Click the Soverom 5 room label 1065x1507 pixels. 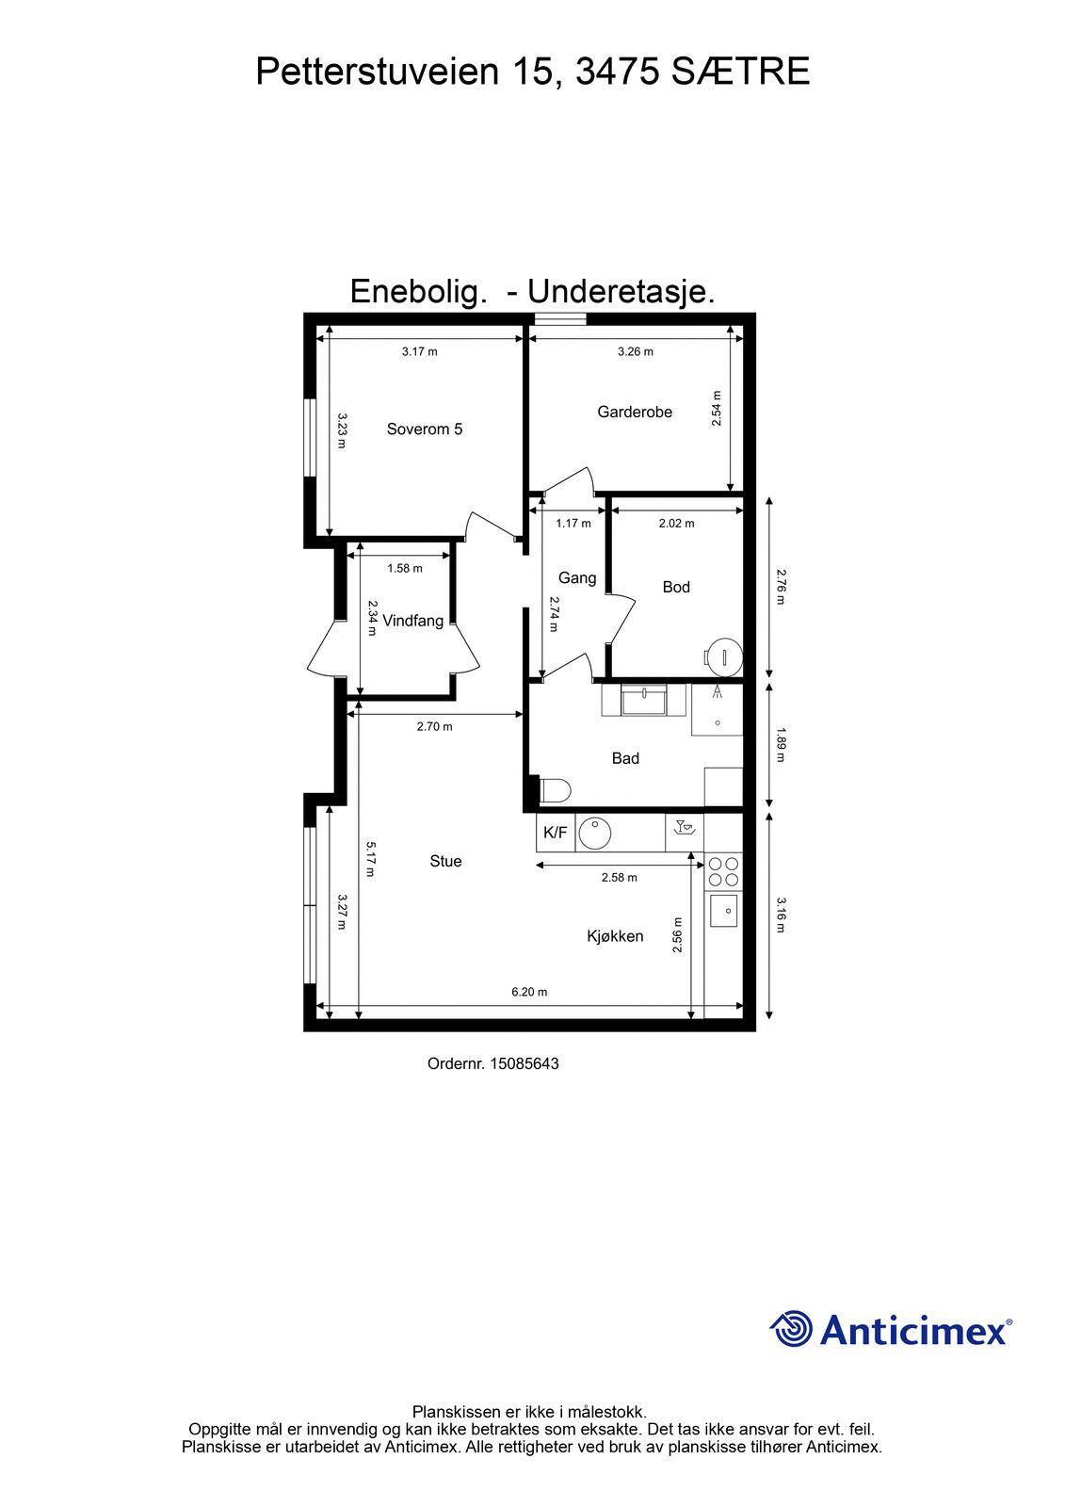(425, 429)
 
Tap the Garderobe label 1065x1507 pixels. (635, 412)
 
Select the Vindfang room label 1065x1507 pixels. (413, 621)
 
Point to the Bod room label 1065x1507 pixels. (676, 588)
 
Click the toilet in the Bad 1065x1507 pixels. (555, 790)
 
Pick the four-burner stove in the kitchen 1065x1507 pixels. (723, 871)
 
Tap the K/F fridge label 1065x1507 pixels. (555, 833)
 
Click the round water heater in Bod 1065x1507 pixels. (723, 655)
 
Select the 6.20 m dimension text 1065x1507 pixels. (529, 992)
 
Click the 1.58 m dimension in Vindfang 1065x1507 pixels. (405, 569)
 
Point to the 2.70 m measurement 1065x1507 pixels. (435, 726)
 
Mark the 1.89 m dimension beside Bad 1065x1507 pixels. (781, 744)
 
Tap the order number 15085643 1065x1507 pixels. (524, 1063)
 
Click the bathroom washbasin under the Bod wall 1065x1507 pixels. (644, 701)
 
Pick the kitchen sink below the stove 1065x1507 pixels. (723, 911)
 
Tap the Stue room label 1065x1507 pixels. (445, 861)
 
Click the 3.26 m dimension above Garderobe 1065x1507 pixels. (636, 351)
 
